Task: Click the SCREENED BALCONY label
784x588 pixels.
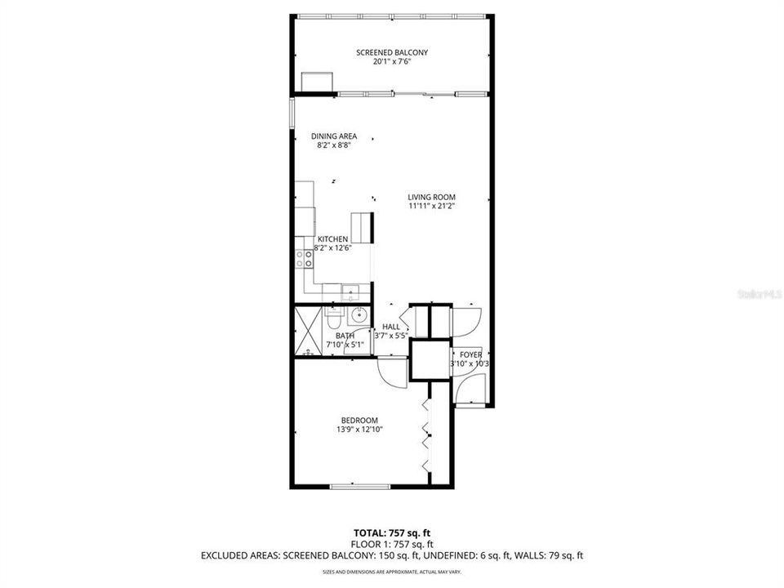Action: tap(391, 52)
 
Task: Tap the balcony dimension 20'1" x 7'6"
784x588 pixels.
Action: tap(391, 62)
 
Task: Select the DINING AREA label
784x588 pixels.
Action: tap(333, 136)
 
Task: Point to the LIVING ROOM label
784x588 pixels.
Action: tap(431, 197)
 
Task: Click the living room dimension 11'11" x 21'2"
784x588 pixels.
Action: tap(431, 207)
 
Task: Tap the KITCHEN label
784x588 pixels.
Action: tap(332, 238)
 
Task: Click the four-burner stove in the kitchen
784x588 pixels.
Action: tap(305, 259)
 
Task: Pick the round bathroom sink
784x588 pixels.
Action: tap(359, 315)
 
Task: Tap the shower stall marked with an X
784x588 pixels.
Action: tap(309, 331)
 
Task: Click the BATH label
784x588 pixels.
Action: tap(345, 336)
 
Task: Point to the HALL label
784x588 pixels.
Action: tap(391, 326)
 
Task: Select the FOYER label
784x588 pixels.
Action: tap(470, 354)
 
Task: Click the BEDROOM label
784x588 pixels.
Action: tap(359, 420)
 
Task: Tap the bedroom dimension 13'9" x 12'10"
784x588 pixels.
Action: tap(359, 430)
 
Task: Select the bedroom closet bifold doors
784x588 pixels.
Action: tap(425, 437)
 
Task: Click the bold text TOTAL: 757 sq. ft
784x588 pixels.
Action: tap(391, 532)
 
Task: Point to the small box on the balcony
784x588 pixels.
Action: tap(317, 82)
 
